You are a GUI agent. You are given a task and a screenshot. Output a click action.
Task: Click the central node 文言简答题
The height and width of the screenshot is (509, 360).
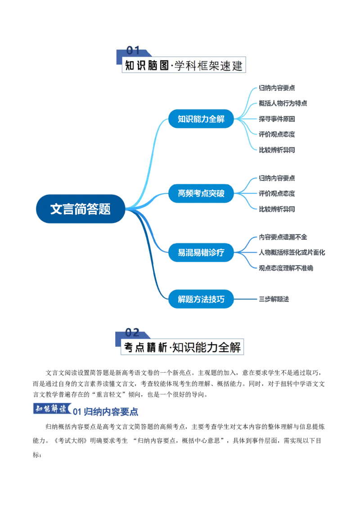81,209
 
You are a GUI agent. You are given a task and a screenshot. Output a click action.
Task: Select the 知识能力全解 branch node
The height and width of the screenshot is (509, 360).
201,119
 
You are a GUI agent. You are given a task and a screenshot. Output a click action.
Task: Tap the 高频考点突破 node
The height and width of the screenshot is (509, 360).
201,193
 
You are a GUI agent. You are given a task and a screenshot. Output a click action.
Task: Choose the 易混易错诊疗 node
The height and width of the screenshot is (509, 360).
201,252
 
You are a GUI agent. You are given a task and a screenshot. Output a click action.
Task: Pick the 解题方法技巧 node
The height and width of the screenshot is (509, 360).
201,299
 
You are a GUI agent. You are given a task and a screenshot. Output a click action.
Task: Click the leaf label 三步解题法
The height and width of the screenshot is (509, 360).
274,299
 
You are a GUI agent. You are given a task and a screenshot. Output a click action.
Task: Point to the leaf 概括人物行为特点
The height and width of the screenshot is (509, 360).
283,103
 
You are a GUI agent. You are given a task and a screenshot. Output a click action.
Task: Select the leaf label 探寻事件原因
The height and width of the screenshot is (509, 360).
277,119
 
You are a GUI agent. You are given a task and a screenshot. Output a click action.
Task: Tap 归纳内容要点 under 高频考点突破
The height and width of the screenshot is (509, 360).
277,178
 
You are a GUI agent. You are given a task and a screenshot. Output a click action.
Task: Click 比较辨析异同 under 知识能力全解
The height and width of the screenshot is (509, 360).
277,150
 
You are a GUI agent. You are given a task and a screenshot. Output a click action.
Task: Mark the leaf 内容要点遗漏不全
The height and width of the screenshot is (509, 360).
283,237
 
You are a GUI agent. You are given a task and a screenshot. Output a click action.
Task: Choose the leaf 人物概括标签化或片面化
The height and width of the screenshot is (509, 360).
292,252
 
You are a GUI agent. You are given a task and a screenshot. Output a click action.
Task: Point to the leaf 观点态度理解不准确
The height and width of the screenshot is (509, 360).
286,268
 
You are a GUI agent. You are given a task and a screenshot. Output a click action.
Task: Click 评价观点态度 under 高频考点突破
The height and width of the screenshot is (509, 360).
277,193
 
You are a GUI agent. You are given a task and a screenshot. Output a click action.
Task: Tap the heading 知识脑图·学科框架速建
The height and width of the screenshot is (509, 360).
184,66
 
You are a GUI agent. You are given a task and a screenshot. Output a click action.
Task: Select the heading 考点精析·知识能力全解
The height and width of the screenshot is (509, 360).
182,347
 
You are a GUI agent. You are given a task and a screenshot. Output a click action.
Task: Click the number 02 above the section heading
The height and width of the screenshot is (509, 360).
132,332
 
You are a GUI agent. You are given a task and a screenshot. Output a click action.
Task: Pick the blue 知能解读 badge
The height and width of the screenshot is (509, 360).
52,409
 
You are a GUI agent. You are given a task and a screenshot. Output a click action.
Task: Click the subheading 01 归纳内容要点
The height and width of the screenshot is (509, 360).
106,412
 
